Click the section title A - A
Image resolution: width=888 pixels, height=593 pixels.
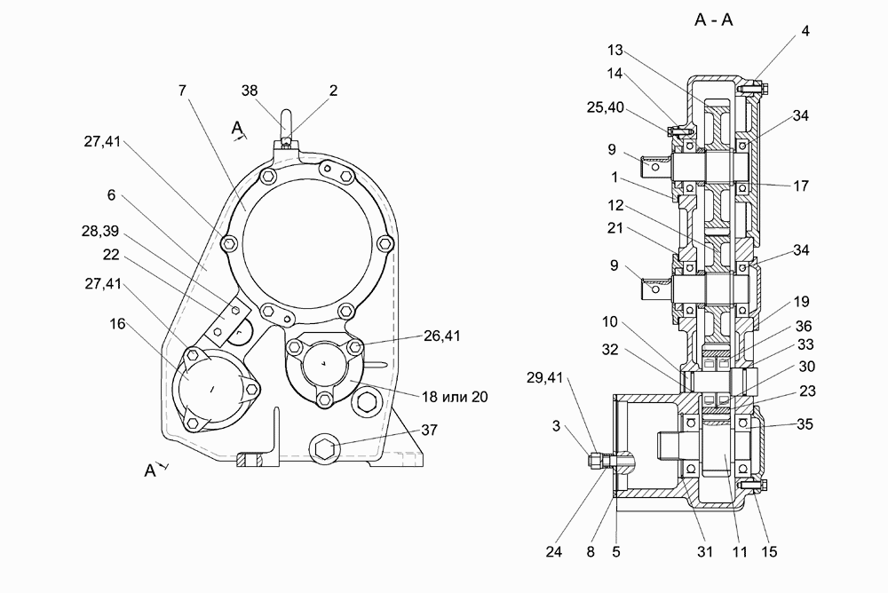714,20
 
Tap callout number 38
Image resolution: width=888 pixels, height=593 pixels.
250,91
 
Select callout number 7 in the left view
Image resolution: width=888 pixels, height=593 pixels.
182,91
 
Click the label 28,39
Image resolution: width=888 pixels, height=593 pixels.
100,231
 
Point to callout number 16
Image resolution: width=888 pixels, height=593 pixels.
117,324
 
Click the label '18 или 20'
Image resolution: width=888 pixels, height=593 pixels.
454,397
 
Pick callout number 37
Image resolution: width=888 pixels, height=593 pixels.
429,431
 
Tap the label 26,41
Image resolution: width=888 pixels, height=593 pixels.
442,336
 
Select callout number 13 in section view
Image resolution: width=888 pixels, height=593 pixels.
615,51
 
